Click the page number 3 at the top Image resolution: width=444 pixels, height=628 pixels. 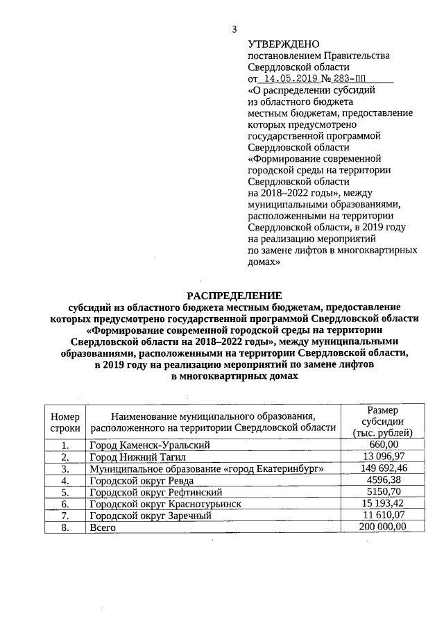pos(234,28)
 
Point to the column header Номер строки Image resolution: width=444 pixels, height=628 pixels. pos(65,423)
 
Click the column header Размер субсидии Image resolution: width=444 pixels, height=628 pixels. pos(383,421)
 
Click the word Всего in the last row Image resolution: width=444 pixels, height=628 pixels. pos(103,527)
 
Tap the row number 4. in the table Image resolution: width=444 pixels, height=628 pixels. pos(65,480)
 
